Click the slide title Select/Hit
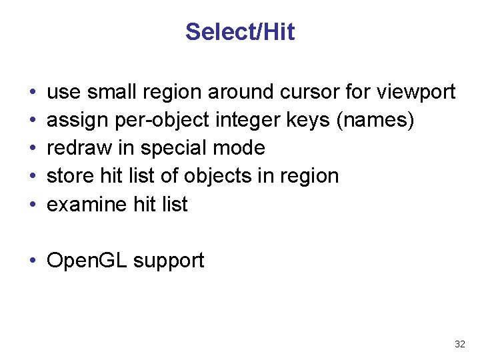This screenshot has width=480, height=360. (x=240, y=32)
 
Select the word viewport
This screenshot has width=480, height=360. (x=417, y=91)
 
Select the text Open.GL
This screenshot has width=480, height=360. (x=87, y=261)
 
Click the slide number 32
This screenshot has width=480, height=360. (x=459, y=344)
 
